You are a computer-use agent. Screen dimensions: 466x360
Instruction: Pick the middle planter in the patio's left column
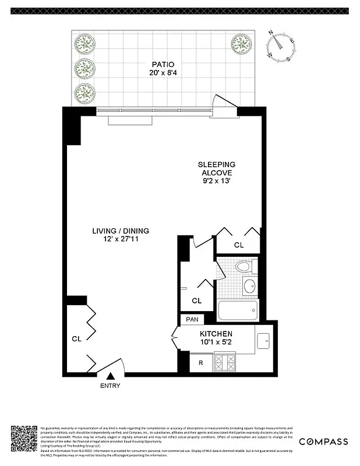pyautogui.click(x=86, y=68)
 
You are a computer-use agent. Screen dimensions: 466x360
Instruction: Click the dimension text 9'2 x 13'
pyautogui.click(x=217, y=181)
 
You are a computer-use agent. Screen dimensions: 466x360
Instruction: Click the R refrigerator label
pyautogui.click(x=200, y=363)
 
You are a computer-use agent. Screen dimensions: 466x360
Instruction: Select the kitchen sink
pyautogui.click(x=263, y=340)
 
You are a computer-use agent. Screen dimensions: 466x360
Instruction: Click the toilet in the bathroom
pyautogui.click(x=243, y=267)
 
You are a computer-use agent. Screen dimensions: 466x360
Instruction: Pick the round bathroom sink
pyautogui.click(x=249, y=286)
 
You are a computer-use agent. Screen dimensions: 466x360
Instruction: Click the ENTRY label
pyautogui.click(x=111, y=386)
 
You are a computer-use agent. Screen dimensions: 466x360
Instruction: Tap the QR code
pyautogui.click(x=24, y=440)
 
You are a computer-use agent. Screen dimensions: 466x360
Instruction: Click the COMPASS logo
pyautogui.click(x=324, y=442)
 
